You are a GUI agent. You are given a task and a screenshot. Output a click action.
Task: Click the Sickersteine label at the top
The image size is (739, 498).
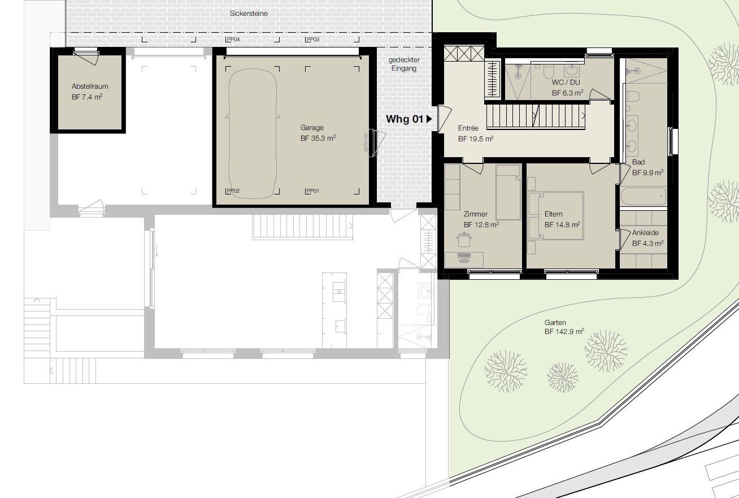pos(249,14)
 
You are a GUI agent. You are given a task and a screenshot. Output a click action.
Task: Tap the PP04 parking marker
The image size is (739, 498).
pos(233,39)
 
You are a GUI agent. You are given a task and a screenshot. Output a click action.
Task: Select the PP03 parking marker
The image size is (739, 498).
pos(313,39)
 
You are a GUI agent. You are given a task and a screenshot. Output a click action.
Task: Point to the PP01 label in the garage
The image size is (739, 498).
pos(313,190)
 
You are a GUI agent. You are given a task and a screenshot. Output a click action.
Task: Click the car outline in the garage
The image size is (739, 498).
pos(253,133)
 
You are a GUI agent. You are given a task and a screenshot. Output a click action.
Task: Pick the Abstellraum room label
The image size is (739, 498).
pos(90,86)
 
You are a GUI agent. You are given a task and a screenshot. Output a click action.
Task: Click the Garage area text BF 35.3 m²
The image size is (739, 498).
pos(318,138)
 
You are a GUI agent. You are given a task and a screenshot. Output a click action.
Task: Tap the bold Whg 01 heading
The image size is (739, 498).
pos(405,119)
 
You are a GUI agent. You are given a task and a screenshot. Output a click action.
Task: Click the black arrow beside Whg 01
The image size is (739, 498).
pos(429,119)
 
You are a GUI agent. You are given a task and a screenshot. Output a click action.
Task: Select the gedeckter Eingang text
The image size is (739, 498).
pos(404,64)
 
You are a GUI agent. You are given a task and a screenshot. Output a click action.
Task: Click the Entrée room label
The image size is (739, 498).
pos(468,128)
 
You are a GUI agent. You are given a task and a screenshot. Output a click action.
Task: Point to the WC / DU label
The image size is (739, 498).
pos(566,82)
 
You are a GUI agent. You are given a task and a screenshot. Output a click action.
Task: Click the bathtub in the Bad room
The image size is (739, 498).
pos(644,196)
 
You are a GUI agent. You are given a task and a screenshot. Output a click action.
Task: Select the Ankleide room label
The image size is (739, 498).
pos(645,233)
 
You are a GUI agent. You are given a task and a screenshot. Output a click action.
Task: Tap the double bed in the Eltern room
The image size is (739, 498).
pos(556,215)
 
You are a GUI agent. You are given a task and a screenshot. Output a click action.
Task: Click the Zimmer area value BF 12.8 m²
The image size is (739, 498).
pos(481,225)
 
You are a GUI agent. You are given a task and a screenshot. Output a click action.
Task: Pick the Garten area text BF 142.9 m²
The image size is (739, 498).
pos(564,331)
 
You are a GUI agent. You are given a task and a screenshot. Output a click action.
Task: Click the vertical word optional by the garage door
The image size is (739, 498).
pos(366,142)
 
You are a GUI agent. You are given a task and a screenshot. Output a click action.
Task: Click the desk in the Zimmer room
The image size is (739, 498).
pos(464,259)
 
